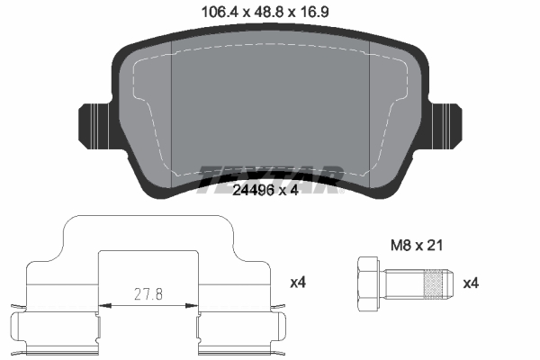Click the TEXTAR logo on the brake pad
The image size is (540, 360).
point(269,173)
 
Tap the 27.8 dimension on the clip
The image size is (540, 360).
point(148,294)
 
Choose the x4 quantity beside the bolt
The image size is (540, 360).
point(470,283)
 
